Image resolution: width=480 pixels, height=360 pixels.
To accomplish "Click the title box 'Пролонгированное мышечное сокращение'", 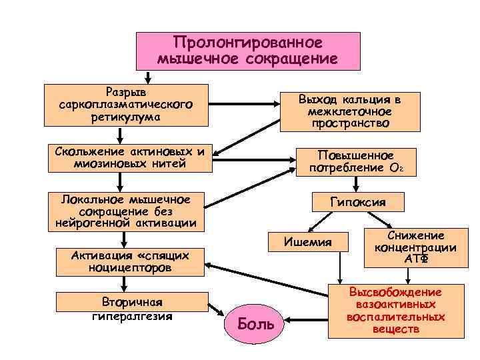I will coord(248,51).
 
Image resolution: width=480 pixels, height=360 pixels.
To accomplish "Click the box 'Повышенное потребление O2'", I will coord(355,162).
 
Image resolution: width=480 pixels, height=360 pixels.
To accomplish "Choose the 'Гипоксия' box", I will coord(358,202).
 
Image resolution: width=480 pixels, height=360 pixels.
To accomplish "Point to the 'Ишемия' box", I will coord(307,241).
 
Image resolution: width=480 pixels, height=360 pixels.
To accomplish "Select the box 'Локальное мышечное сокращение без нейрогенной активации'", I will coord(125,211).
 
